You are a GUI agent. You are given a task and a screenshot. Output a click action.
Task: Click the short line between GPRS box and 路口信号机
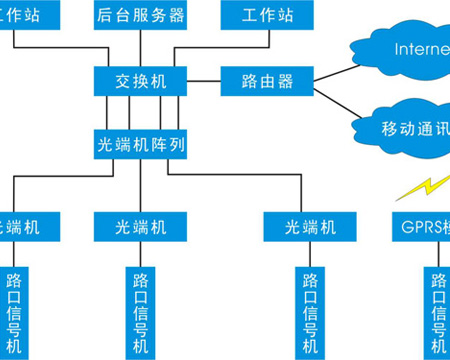click(436, 254)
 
